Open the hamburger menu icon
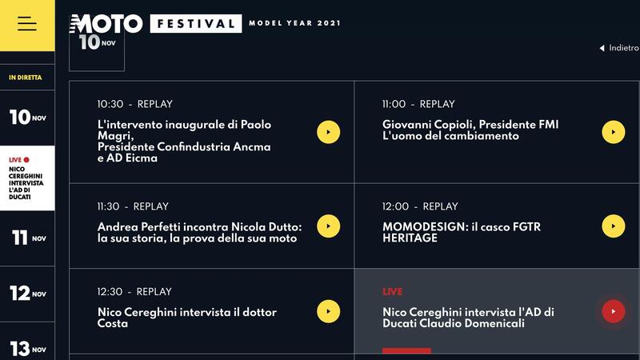(x=27, y=24)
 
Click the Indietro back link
(x=619, y=48)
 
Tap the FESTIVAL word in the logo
(x=195, y=23)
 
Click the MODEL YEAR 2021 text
(x=294, y=23)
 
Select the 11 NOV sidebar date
(x=28, y=238)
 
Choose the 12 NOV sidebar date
(x=28, y=294)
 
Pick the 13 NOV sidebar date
(x=28, y=349)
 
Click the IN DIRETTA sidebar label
(x=26, y=78)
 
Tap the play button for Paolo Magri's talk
(x=328, y=132)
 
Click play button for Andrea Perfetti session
(x=328, y=226)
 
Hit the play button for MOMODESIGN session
(x=613, y=226)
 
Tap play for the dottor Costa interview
(x=328, y=311)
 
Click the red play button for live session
(x=613, y=311)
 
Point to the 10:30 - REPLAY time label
(x=134, y=104)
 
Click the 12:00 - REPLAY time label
(x=420, y=206)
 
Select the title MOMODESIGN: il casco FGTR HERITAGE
(x=462, y=233)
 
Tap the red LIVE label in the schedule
(x=392, y=292)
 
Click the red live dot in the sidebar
(x=26, y=160)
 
